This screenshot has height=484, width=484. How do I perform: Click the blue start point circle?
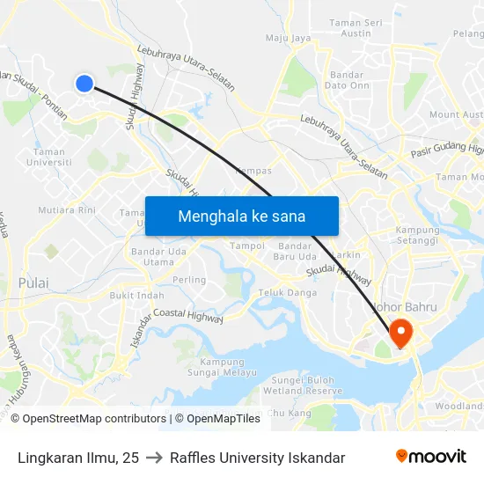tap(84, 84)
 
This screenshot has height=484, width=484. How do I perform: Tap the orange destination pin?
tap(400, 332)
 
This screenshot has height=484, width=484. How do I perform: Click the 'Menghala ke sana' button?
tap(242, 216)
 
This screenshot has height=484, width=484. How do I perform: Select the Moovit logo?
tap(430, 457)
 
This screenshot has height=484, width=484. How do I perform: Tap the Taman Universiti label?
tap(48, 157)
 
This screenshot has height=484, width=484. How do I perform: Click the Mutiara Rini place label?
tap(67, 210)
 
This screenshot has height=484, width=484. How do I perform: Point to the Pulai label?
tap(33, 283)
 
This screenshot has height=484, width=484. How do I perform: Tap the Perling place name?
tap(189, 280)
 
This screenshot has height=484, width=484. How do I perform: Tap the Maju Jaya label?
tap(289, 39)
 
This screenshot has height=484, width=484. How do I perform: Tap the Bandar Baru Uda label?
tap(295, 251)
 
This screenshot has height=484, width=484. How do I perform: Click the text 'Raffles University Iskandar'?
tap(257, 458)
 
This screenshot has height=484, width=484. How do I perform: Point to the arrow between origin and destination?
tap(154, 458)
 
